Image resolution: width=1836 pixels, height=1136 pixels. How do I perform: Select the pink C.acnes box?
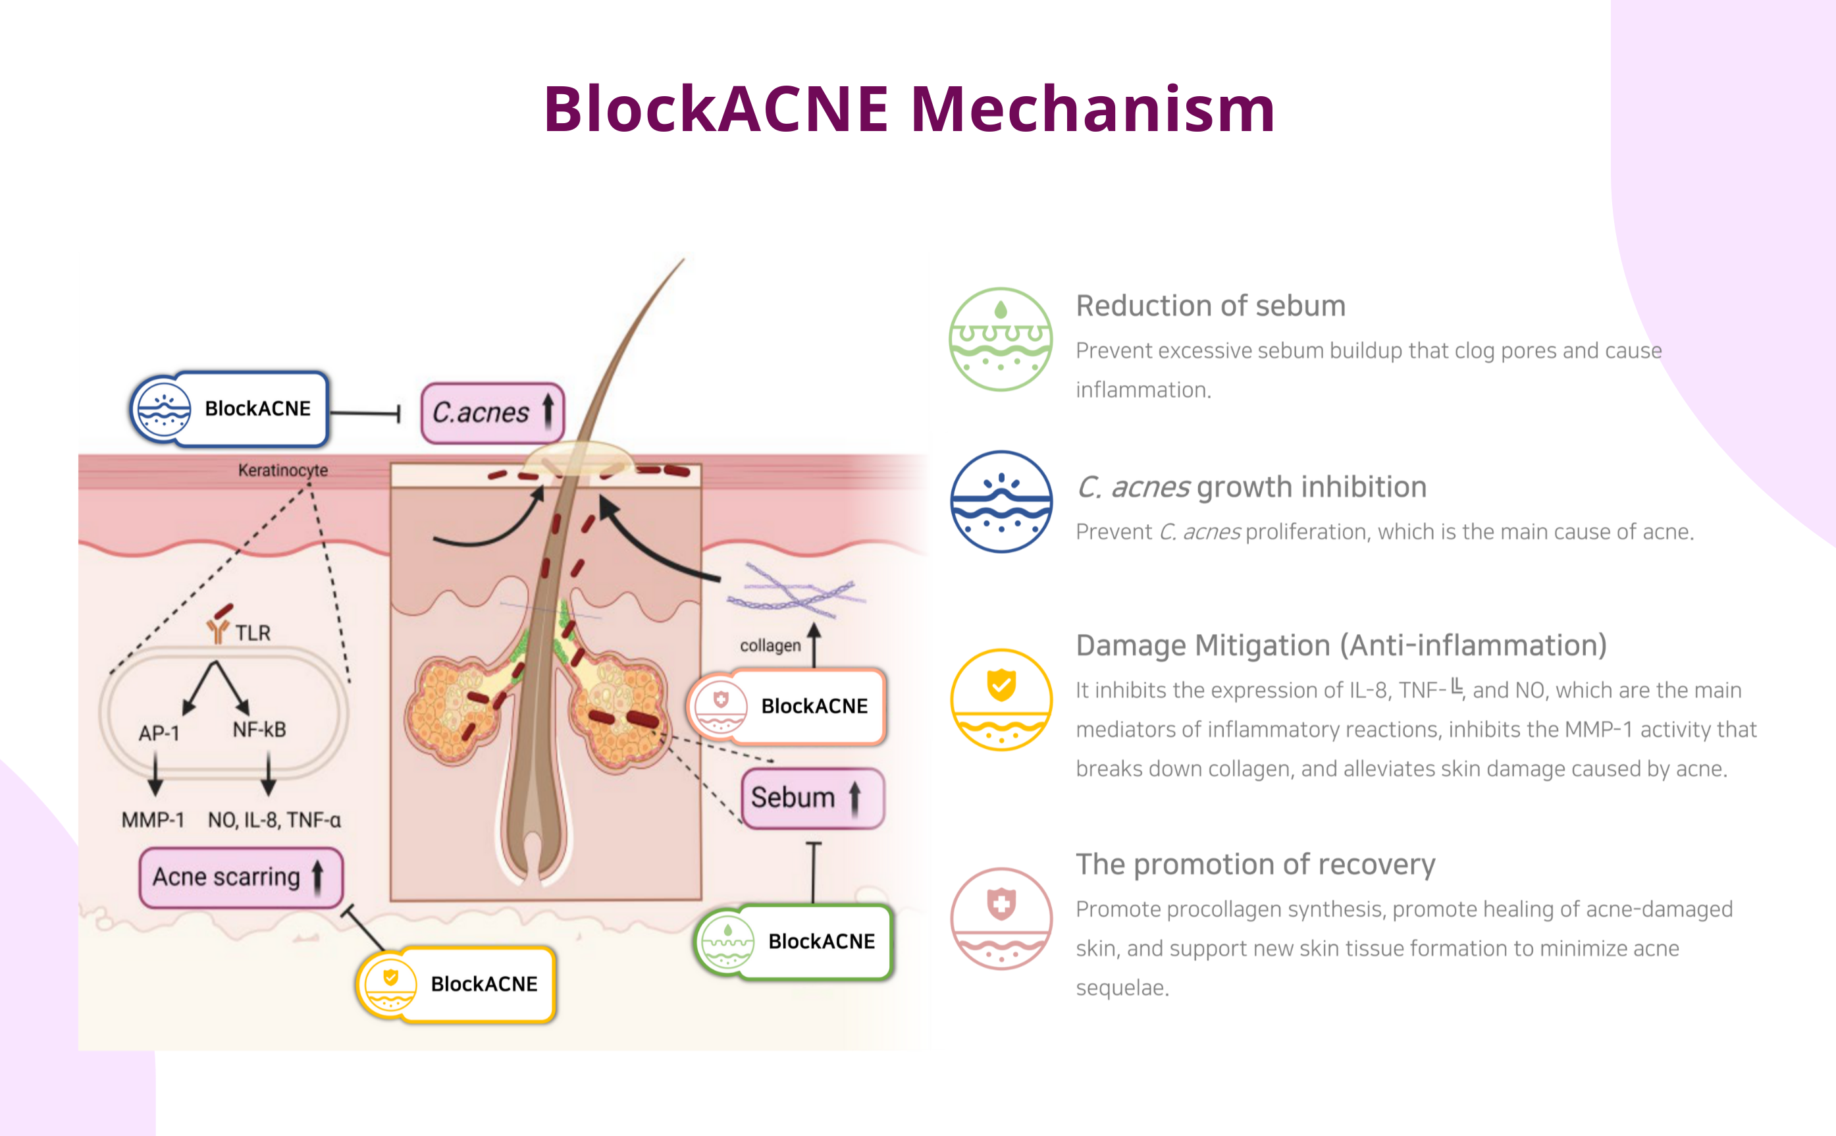pyautogui.click(x=492, y=412)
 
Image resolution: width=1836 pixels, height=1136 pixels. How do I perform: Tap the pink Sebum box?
pyautogui.click(x=812, y=798)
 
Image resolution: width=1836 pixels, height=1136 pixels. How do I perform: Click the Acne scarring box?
pyautogui.click(x=240, y=877)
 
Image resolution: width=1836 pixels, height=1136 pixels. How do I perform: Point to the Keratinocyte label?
pyautogui.click(x=283, y=470)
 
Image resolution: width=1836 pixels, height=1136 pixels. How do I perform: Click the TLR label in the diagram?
pyautogui.click(x=252, y=633)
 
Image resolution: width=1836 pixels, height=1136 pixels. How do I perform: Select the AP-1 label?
pyautogui.click(x=159, y=732)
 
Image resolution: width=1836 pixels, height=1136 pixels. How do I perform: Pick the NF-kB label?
pyautogui.click(x=259, y=730)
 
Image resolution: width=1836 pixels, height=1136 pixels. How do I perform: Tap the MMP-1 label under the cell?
pyautogui.click(x=153, y=820)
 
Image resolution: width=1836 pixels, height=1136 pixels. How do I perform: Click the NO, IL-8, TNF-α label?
pyautogui.click(x=274, y=820)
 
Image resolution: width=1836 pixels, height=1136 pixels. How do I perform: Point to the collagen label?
pyautogui.click(x=770, y=645)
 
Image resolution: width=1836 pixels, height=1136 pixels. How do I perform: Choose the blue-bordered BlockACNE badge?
pyautogui.click(x=230, y=410)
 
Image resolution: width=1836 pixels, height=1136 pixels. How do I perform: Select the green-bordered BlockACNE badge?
pyautogui.click(x=794, y=942)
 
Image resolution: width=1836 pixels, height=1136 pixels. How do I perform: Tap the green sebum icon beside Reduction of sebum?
pyautogui.click(x=1001, y=340)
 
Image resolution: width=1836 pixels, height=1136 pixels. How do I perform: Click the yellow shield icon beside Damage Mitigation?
pyautogui.click(x=1001, y=699)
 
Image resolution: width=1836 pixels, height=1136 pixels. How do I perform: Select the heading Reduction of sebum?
pyautogui.click(x=1211, y=306)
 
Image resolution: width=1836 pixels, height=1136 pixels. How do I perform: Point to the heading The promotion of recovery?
pyautogui.click(x=1255, y=864)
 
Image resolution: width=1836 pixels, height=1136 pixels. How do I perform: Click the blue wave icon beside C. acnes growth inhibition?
pyautogui.click(x=1001, y=502)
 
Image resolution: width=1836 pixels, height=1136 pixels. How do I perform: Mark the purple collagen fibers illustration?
pyautogui.click(x=796, y=590)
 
